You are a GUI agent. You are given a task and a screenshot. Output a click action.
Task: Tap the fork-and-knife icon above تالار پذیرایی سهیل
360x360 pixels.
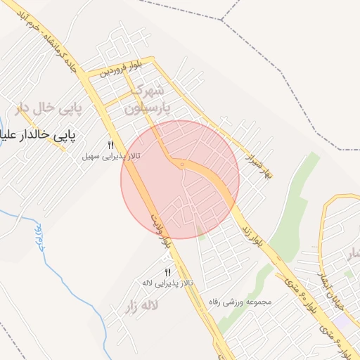pos(110,146)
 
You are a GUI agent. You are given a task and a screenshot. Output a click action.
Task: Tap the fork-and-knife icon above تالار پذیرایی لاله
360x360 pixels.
pos(167,272)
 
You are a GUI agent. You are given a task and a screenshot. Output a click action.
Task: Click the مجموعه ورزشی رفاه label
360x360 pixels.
pos(244,302)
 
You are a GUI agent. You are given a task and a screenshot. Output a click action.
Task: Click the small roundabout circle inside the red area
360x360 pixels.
pos(181,165)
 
